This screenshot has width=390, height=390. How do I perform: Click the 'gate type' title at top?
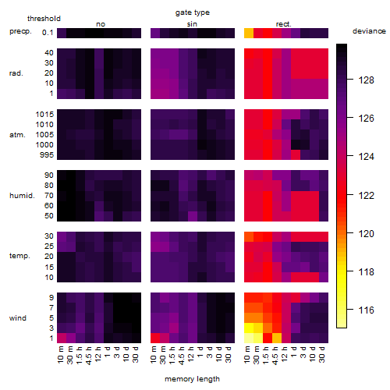coord(193,12)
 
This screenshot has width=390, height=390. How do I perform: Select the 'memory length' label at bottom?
coord(192,379)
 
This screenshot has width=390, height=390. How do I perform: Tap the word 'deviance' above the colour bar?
coord(369,31)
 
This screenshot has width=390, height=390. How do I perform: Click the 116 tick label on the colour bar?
coord(366,310)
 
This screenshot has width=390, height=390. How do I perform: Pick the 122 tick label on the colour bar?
coord(366,195)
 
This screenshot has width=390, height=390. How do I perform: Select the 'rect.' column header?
coord(283,24)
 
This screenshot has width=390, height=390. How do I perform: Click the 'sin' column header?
coord(192,24)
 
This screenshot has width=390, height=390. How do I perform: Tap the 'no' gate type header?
coord(101,24)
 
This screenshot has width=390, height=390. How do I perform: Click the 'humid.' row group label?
coord(22,196)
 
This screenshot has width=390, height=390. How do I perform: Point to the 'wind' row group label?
coord(18,318)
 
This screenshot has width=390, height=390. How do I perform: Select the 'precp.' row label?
coord(20,31)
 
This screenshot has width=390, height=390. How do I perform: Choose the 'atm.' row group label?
coord(17,135)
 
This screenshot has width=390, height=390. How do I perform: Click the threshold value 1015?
coord(44,114)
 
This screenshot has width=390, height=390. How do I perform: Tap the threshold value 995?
coord(47,155)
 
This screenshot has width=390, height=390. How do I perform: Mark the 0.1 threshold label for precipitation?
coord(48,33)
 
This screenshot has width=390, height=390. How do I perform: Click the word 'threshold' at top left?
coord(44,19)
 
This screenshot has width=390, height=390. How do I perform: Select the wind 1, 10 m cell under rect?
coord(249,339)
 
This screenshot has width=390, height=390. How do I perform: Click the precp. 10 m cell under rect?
coord(249,33)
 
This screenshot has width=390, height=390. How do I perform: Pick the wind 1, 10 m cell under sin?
coord(155,339)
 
